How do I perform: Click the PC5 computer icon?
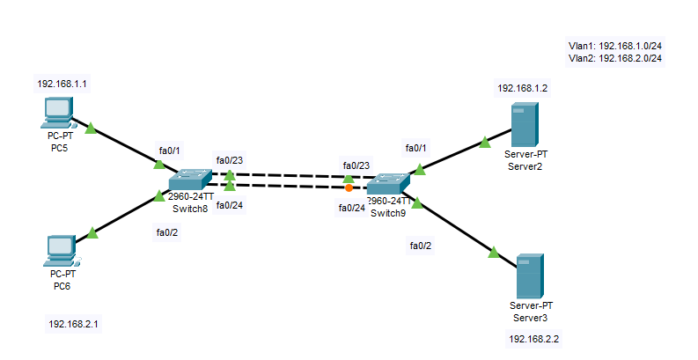[58, 113]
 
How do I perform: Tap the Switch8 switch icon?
[190, 180]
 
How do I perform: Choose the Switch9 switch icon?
[388, 183]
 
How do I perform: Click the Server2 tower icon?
[525, 125]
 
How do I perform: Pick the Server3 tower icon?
[530, 276]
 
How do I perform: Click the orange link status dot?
[349, 188]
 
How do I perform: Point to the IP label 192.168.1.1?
[62, 84]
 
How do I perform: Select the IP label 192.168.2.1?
[73, 324]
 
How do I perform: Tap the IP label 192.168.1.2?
[522, 88]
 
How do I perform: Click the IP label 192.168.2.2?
[533, 339]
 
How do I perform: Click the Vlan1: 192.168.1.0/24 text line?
[615, 46]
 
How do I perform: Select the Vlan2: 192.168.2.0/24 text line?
[615, 58]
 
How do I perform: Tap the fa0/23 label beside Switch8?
[230, 160]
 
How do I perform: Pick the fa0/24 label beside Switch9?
[352, 208]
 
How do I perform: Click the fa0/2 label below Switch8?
[167, 232]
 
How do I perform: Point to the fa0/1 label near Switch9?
[415, 148]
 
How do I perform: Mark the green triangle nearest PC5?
[91, 129]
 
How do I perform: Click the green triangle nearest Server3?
[494, 253]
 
